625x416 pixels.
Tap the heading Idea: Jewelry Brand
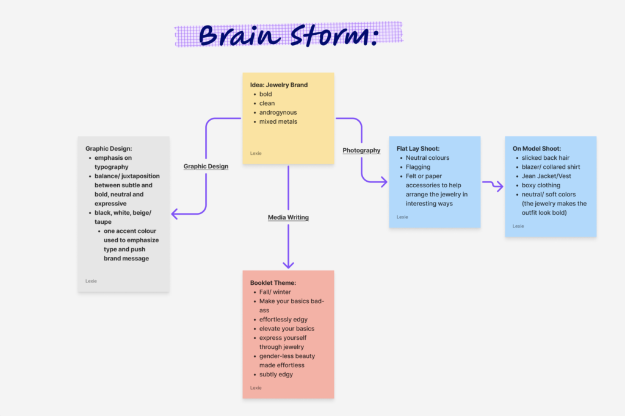(279, 85)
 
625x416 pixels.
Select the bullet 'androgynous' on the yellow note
(278, 113)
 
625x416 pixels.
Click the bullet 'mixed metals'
(278, 122)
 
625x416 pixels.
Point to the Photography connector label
(361, 151)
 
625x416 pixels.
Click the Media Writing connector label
(288, 218)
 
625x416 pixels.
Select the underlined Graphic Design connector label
(206, 166)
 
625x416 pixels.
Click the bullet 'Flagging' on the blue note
(418, 167)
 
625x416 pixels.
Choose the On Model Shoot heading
(536, 149)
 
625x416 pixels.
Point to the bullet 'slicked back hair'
(546, 158)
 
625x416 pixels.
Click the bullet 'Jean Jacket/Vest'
(547, 176)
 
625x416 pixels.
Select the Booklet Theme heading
(273, 283)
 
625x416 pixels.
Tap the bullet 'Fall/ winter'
(275, 292)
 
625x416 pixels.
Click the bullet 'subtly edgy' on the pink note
(276, 375)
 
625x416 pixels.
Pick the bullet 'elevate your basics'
(287, 329)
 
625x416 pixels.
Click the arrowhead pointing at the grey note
(175, 213)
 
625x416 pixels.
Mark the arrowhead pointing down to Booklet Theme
(288, 265)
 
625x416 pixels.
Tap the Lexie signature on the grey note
(91, 281)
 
